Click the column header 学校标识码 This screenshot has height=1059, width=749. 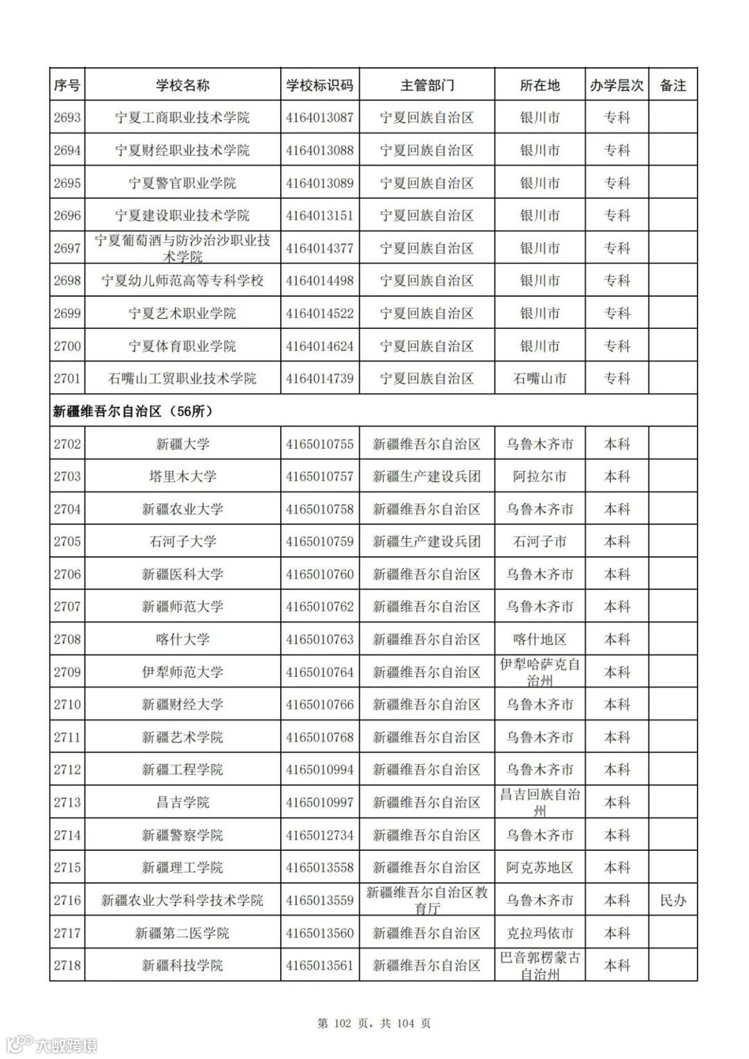pyautogui.click(x=320, y=85)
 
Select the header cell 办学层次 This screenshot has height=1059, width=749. pyautogui.click(x=617, y=85)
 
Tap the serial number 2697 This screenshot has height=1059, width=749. pyautogui.click(x=67, y=248)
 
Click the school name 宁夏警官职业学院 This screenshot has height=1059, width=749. pyautogui.click(x=182, y=183)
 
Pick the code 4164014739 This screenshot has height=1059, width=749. pyautogui.click(x=320, y=379)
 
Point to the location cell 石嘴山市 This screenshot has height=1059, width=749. pyautogui.click(x=540, y=379)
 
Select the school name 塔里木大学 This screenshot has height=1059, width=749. pyautogui.click(x=182, y=476)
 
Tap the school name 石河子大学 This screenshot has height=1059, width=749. pyautogui.click(x=182, y=542)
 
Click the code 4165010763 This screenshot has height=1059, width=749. pyautogui.click(x=320, y=639)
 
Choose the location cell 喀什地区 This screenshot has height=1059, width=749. pyautogui.click(x=540, y=639)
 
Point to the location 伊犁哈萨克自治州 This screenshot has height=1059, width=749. pyautogui.click(x=540, y=672)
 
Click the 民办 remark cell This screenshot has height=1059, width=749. pyautogui.click(x=673, y=900)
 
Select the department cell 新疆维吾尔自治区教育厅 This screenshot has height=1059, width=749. pyautogui.click(x=427, y=900)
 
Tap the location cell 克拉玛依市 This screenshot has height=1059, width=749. pyautogui.click(x=540, y=933)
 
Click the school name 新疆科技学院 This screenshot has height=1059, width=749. pyautogui.click(x=182, y=965)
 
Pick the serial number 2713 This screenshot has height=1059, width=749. pyautogui.click(x=67, y=802)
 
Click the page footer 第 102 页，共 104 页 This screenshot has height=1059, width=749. pyautogui.click(x=374, y=1023)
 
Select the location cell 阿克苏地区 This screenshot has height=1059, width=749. pyautogui.click(x=540, y=868)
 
